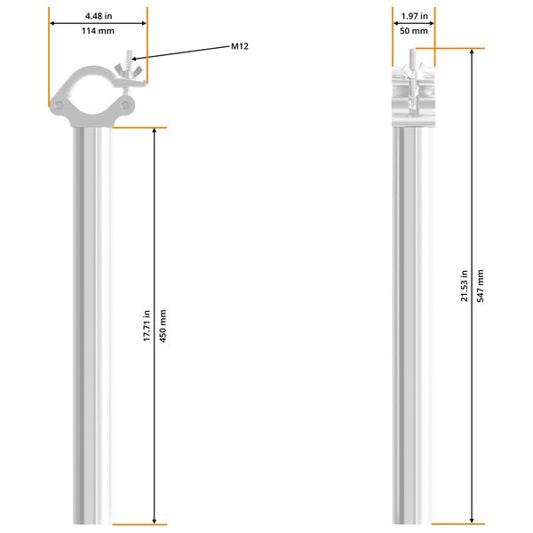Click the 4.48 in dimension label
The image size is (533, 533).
pyautogui.click(x=98, y=15)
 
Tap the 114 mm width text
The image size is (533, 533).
pyautogui.click(x=98, y=31)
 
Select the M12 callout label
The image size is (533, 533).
pyautogui.click(x=239, y=46)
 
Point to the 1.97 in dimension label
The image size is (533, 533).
pyautogui.click(x=414, y=15)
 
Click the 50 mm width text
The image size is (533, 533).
pyautogui.click(x=414, y=31)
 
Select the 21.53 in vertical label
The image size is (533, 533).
pyautogui.click(x=465, y=286)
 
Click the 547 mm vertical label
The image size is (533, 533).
pyautogui.click(x=481, y=286)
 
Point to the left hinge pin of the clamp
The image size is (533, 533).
pyautogui.click(x=59, y=106)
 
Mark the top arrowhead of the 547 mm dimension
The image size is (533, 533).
pyautogui.click(x=472, y=52)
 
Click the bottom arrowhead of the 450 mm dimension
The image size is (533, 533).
pyautogui.click(x=155, y=519)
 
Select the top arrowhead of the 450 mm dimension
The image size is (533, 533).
pyautogui.click(x=155, y=133)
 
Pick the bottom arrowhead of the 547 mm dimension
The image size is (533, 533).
pyautogui.click(x=472, y=519)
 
